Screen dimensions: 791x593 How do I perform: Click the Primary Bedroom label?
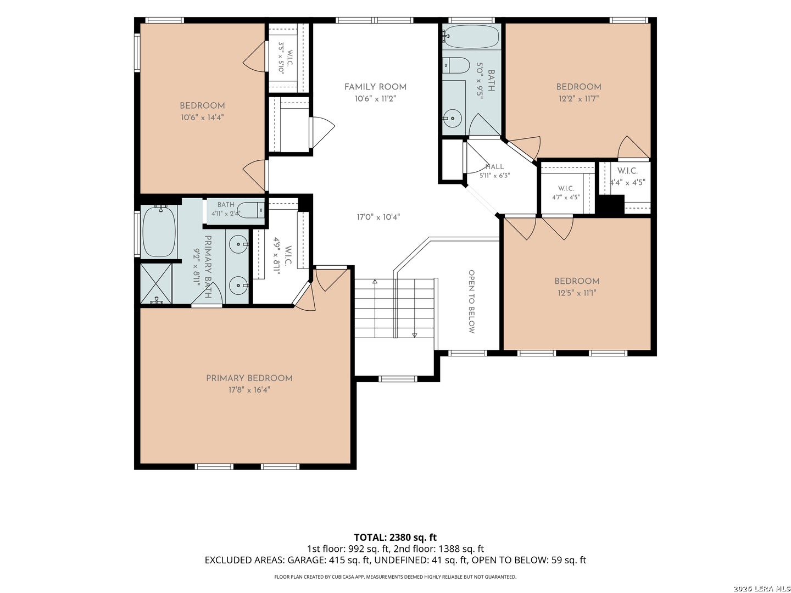pyautogui.click(x=249, y=378)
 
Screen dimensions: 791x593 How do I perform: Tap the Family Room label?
pyautogui.click(x=375, y=87)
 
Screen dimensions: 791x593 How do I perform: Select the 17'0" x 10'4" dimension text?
pyautogui.click(x=378, y=217)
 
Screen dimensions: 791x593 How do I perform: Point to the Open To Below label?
pyautogui.click(x=471, y=302)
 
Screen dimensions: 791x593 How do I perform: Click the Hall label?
pyautogui.click(x=494, y=167)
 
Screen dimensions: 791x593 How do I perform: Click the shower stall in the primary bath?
pyautogui.click(x=156, y=284)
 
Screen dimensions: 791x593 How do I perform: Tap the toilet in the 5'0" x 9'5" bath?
pyautogui.click(x=456, y=65)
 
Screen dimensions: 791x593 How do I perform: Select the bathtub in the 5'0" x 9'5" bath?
pyautogui.click(x=470, y=36)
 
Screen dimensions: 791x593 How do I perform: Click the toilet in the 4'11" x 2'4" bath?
pyautogui.click(x=252, y=210)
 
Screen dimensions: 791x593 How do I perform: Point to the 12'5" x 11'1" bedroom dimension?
pyautogui.click(x=577, y=293)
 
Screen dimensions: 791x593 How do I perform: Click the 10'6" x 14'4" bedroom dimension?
pyautogui.click(x=202, y=117)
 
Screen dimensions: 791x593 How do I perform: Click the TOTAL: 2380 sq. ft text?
pyautogui.click(x=396, y=538)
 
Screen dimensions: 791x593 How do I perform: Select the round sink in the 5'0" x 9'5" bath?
pyautogui.click(x=452, y=118)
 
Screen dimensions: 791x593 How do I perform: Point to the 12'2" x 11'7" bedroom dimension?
pyautogui.click(x=579, y=98)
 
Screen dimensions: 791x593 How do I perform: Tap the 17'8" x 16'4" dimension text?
pyautogui.click(x=249, y=390)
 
